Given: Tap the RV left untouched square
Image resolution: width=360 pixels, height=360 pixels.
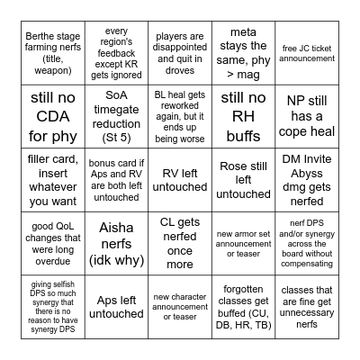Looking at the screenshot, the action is tap(179, 179).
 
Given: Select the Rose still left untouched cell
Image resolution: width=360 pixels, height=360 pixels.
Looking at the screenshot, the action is tap(243, 179).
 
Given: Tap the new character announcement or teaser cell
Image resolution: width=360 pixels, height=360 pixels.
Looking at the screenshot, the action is tap(179, 307).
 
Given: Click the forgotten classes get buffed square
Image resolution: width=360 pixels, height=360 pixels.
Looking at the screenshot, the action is tap(243, 307).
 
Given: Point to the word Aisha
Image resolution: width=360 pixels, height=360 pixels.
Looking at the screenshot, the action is tap(116, 229).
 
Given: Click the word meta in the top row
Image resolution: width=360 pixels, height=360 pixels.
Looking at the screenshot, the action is tap(243, 31).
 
